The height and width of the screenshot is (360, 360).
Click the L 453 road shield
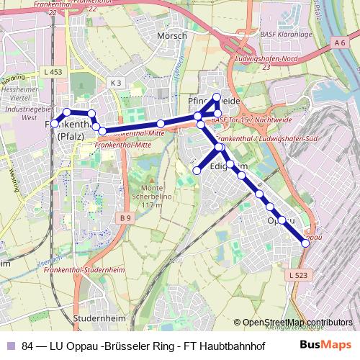53,73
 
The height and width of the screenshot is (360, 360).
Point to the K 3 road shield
117,83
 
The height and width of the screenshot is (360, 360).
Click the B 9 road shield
127,217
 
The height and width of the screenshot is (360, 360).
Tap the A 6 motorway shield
340,44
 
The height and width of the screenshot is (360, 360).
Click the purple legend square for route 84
11,345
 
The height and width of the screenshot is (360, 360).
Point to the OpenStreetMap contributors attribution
298,323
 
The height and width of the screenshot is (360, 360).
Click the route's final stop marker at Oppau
305,243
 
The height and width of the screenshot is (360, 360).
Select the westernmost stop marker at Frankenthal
54,122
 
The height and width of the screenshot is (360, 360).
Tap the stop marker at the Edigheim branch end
197,170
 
